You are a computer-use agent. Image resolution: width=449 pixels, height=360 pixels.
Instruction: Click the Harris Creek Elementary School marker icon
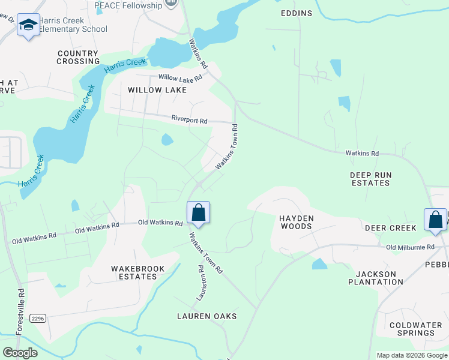pos(28,25)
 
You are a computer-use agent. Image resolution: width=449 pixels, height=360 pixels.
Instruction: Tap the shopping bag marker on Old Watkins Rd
pos(199,212)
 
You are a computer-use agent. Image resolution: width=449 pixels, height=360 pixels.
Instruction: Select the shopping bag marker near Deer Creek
pos(435,220)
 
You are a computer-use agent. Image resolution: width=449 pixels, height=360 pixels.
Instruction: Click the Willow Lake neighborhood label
pos(157,90)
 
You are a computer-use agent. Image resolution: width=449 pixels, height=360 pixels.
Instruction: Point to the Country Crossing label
pos(78,57)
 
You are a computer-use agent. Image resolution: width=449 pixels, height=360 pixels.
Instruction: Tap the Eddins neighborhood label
pos(297,13)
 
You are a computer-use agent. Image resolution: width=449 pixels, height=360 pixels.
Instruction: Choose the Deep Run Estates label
pos(370,179)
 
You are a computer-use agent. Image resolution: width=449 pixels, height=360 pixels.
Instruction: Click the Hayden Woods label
pos(296,222)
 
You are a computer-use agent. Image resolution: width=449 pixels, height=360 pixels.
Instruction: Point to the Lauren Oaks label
pos(206,316)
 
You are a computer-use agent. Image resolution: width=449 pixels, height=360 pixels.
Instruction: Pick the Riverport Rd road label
pos(189,120)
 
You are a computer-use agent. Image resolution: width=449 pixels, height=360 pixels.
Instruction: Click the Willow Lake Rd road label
pos(180,77)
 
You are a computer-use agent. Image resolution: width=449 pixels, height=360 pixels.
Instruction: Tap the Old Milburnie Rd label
pos(410,247)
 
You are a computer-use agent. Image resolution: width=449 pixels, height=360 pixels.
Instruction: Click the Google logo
pos(20,353)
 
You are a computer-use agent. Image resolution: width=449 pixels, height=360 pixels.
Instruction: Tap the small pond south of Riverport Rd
pos(167,140)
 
